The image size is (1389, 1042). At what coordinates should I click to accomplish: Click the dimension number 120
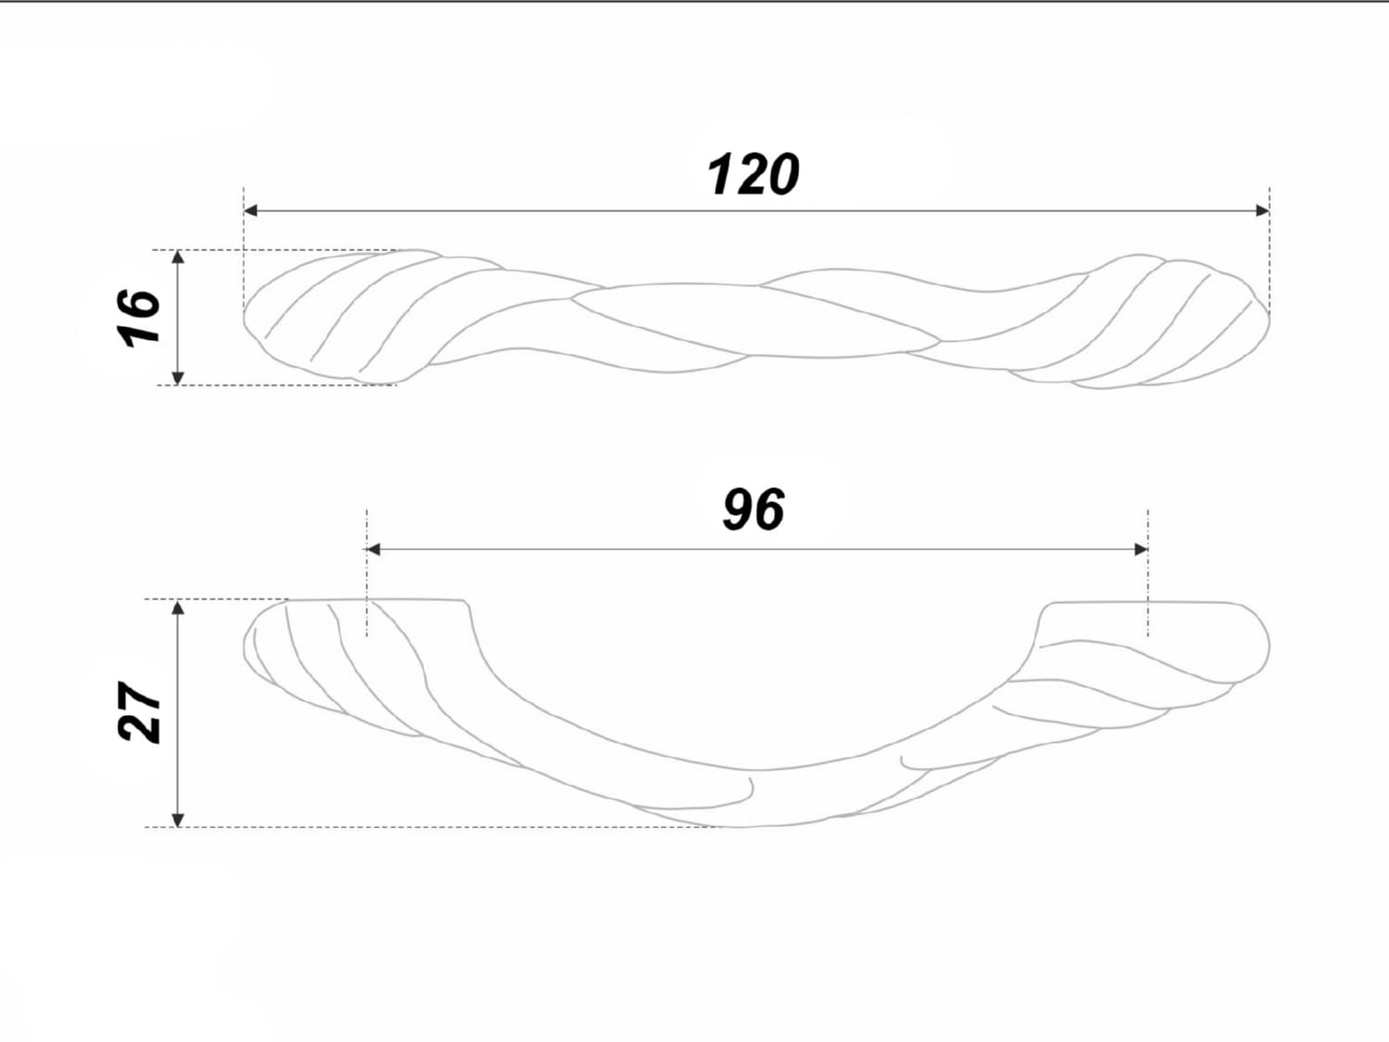(x=753, y=174)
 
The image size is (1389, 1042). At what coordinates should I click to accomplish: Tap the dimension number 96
(x=754, y=509)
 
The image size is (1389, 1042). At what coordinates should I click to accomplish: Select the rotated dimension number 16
(x=139, y=319)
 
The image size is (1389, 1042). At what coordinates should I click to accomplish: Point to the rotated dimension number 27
(x=139, y=711)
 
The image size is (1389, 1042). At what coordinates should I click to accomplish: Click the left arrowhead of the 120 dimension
(x=251, y=210)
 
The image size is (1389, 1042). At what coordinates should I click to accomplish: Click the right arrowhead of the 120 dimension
(x=1262, y=210)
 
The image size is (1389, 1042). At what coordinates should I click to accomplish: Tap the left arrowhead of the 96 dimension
(x=373, y=549)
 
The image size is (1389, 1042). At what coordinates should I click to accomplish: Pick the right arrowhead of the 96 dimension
(x=1141, y=549)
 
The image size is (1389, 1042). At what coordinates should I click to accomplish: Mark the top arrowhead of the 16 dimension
(x=178, y=257)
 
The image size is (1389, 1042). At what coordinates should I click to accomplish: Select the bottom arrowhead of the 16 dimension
(x=178, y=378)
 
